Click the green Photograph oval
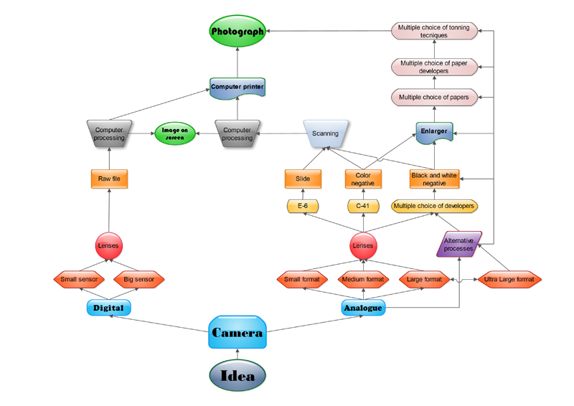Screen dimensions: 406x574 [x=237, y=32]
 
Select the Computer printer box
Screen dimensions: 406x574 [x=237, y=88]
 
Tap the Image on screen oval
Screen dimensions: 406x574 [x=174, y=134]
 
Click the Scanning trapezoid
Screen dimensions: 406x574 [x=325, y=133]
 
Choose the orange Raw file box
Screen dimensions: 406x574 [x=109, y=179]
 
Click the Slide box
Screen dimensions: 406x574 [x=302, y=179]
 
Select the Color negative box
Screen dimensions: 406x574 [x=363, y=179]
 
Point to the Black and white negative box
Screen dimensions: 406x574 [x=434, y=179]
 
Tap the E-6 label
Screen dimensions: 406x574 [x=302, y=207]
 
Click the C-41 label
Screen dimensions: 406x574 [x=363, y=207]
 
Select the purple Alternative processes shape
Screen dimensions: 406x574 [x=459, y=244]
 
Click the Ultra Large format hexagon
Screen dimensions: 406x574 [x=509, y=279]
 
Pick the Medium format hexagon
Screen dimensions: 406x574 [x=363, y=279]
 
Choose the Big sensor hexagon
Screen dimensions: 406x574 [x=139, y=279]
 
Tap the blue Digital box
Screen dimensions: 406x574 [x=108, y=308]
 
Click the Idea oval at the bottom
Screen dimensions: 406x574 [x=237, y=375]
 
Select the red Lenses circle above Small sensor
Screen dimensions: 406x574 [x=109, y=245]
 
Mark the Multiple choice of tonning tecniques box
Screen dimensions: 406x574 [x=433, y=31]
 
